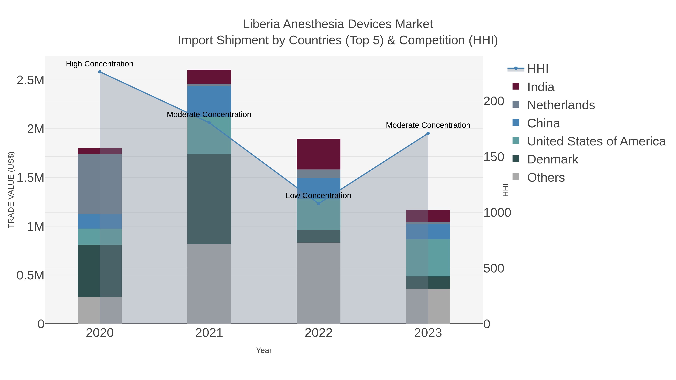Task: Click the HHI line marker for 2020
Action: pyautogui.click(x=100, y=72)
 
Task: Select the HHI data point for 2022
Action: pyautogui.click(x=319, y=203)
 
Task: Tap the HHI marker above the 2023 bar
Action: pyautogui.click(x=428, y=133)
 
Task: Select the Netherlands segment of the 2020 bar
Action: pyautogui.click(x=100, y=184)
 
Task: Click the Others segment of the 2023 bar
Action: pyautogui.click(x=428, y=306)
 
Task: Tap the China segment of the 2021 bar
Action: pyautogui.click(x=209, y=98)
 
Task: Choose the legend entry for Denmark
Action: pyautogui.click(x=552, y=160)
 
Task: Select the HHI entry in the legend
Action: pyautogui.click(x=537, y=69)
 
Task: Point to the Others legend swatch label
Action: pyautogui.click(x=546, y=178)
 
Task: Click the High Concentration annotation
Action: pyautogui.click(x=100, y=64)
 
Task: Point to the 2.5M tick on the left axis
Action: pyautogui.click(x=30, y=80)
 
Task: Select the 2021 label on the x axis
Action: pyautogui.click(x=209, y=333)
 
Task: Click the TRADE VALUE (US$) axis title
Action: pyautogui.click(x=11, y=190)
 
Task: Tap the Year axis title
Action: pyautogui.click(x=264, y=350)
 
